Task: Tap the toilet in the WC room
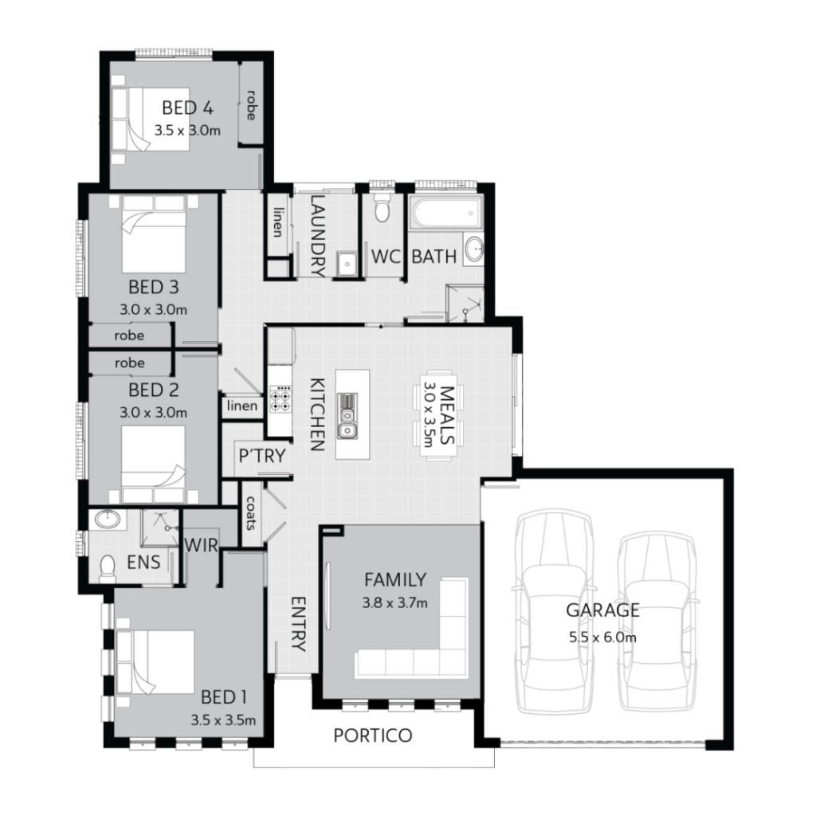[381, 208]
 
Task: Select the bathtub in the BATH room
[446, 213]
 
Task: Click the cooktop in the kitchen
[280, 398]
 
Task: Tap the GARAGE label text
[602, 611]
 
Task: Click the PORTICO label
[373, 735]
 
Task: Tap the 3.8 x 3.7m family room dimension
[394, 603]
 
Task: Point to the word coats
[250, 513]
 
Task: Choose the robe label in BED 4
[250, 104]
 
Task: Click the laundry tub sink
[346, 263]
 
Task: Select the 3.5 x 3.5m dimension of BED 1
[223, 720]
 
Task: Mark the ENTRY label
[298, 624]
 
